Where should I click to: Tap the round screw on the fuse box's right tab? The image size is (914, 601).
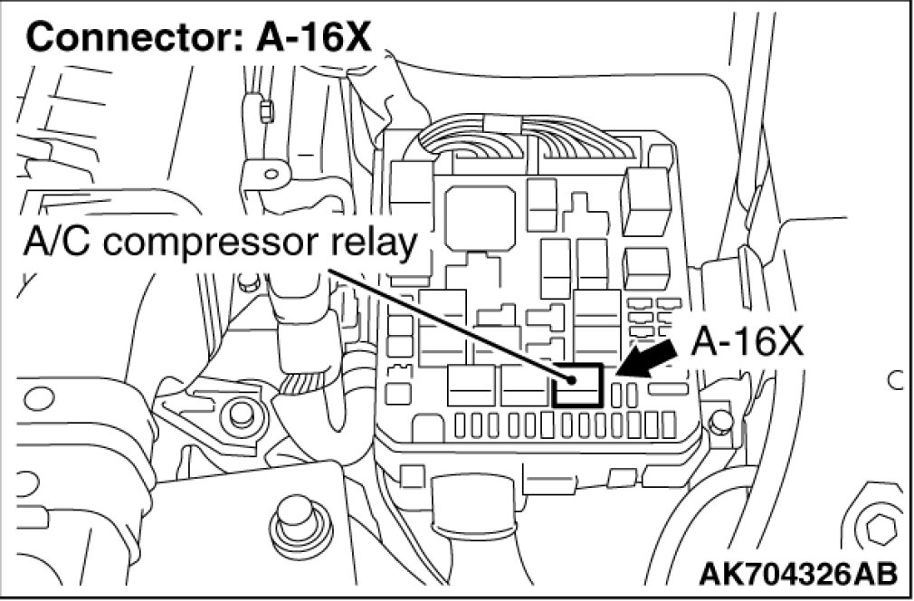(720, 419)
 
